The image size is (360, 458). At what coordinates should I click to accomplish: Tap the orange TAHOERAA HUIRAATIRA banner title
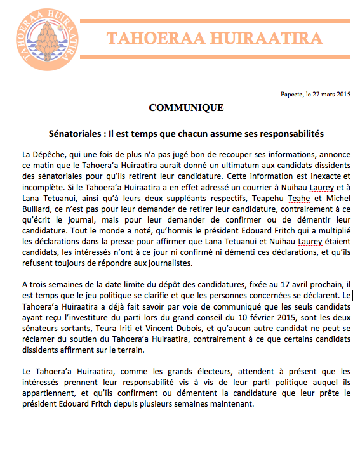tap(215, 37)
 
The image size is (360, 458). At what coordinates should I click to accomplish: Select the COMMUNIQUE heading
tap(186, 108)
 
